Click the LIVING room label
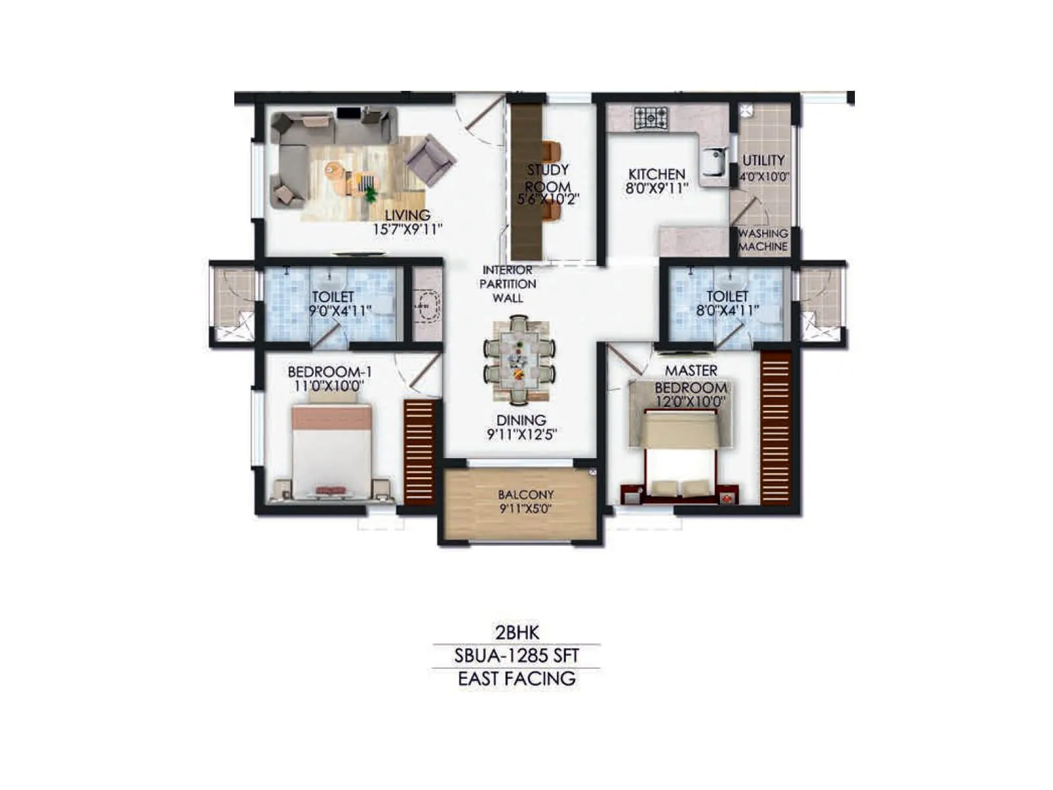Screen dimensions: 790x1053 tap(407, 215)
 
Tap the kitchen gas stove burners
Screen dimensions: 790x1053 tap(651, 118)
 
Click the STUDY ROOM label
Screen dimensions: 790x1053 tap(548, 178)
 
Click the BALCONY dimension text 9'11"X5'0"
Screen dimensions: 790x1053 tap(526, 509)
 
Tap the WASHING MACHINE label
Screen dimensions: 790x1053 tap(763, 240)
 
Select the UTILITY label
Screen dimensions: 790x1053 tap(763, 160)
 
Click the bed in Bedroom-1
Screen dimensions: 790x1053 tap(332, 451)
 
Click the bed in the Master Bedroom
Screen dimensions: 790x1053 tap(679, 454)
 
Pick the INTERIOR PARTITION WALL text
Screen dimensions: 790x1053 tap(507, 284)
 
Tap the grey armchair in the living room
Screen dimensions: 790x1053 tap(429, 159)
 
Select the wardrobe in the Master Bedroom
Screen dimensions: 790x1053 tap(775, 428)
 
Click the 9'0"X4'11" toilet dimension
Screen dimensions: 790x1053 tap(340, 311)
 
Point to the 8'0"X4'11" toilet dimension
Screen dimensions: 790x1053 tap(727, 311)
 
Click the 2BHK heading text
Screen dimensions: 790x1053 tap(517, 633)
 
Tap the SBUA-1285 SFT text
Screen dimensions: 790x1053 tap(517, 656)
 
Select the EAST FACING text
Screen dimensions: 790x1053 tap(517, 679)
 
